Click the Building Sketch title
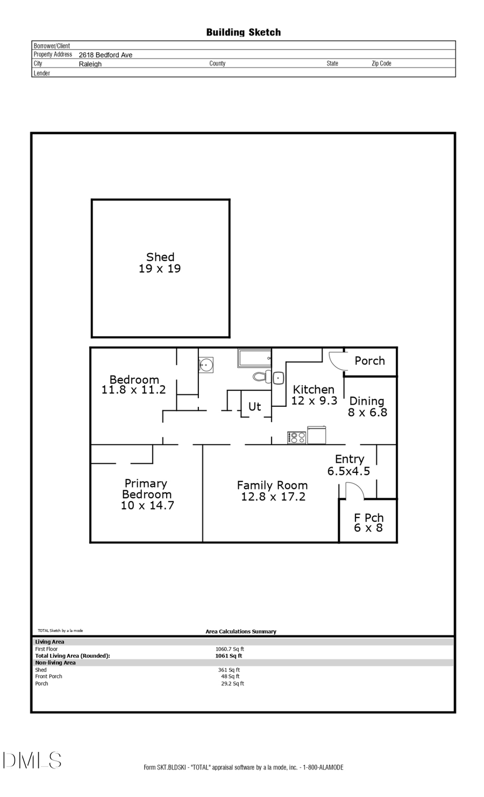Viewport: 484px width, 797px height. pyautogui.click(x=243, y=32)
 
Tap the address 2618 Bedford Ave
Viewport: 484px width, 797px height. pyautogui.click(x=105, y=55)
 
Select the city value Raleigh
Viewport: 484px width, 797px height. pyautogui.click(x=90, y=64)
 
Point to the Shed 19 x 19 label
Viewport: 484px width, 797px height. pyautogui.click(x=160, y=263)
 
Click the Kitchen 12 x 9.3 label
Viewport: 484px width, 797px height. pyautogui.click(x=314, y=394)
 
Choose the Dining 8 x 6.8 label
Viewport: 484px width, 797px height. pyautogui.click(x=367, y=407)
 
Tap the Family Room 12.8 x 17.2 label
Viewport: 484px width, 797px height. pyautogui.click(x=273, y=491)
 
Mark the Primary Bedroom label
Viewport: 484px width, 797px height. pyautogui.click(x=147, y=494)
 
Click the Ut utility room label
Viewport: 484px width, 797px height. pyautogui.click(x=254, y=406)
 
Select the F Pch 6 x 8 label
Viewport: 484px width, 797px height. pyautogui.click(x=368, y=522)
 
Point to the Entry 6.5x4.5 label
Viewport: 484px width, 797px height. pyautogui.click(x=349, y=465)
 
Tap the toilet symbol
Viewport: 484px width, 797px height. pyautogui.click(x=262, y=376)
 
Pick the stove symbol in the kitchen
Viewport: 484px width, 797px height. pyautogui.click(x=297, y=437)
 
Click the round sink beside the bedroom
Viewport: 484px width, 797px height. pyautogui.click(x=206, y=365)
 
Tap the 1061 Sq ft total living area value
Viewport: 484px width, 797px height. pyautogui.click(x=229, y=656)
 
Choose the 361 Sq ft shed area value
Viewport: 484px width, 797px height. pyautogui.click(x=229, y=670)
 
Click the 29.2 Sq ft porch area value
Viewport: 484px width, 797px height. pyautogui.click(x=232, y=684)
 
